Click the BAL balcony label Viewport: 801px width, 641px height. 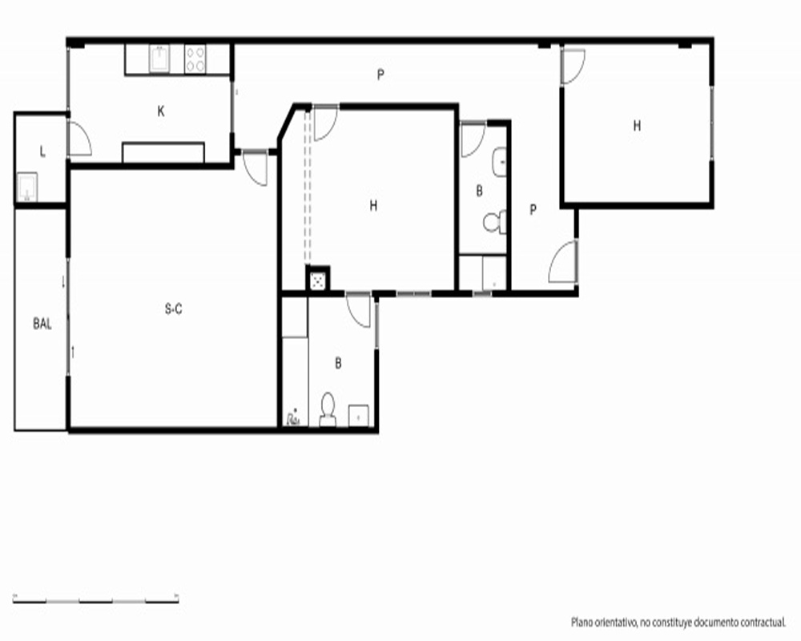[42, 324]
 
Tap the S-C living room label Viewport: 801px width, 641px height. [174, 308]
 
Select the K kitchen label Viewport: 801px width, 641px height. [161, 111]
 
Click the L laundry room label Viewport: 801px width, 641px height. [42, 151]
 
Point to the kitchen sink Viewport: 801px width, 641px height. [159, 58]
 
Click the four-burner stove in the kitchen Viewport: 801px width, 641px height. [195, 58]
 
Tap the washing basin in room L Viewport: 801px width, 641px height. [26, 187]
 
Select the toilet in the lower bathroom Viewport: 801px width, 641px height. [328, 409]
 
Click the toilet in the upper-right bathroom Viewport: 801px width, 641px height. [494, 222]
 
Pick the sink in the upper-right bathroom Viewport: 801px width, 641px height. [499, 162]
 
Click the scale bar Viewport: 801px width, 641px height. [95, 599]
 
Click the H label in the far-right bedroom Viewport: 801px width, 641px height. [637, 126]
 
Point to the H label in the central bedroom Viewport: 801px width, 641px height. [373, 205]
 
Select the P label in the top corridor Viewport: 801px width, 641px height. [380, 75]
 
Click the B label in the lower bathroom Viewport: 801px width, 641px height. [338, 363]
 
